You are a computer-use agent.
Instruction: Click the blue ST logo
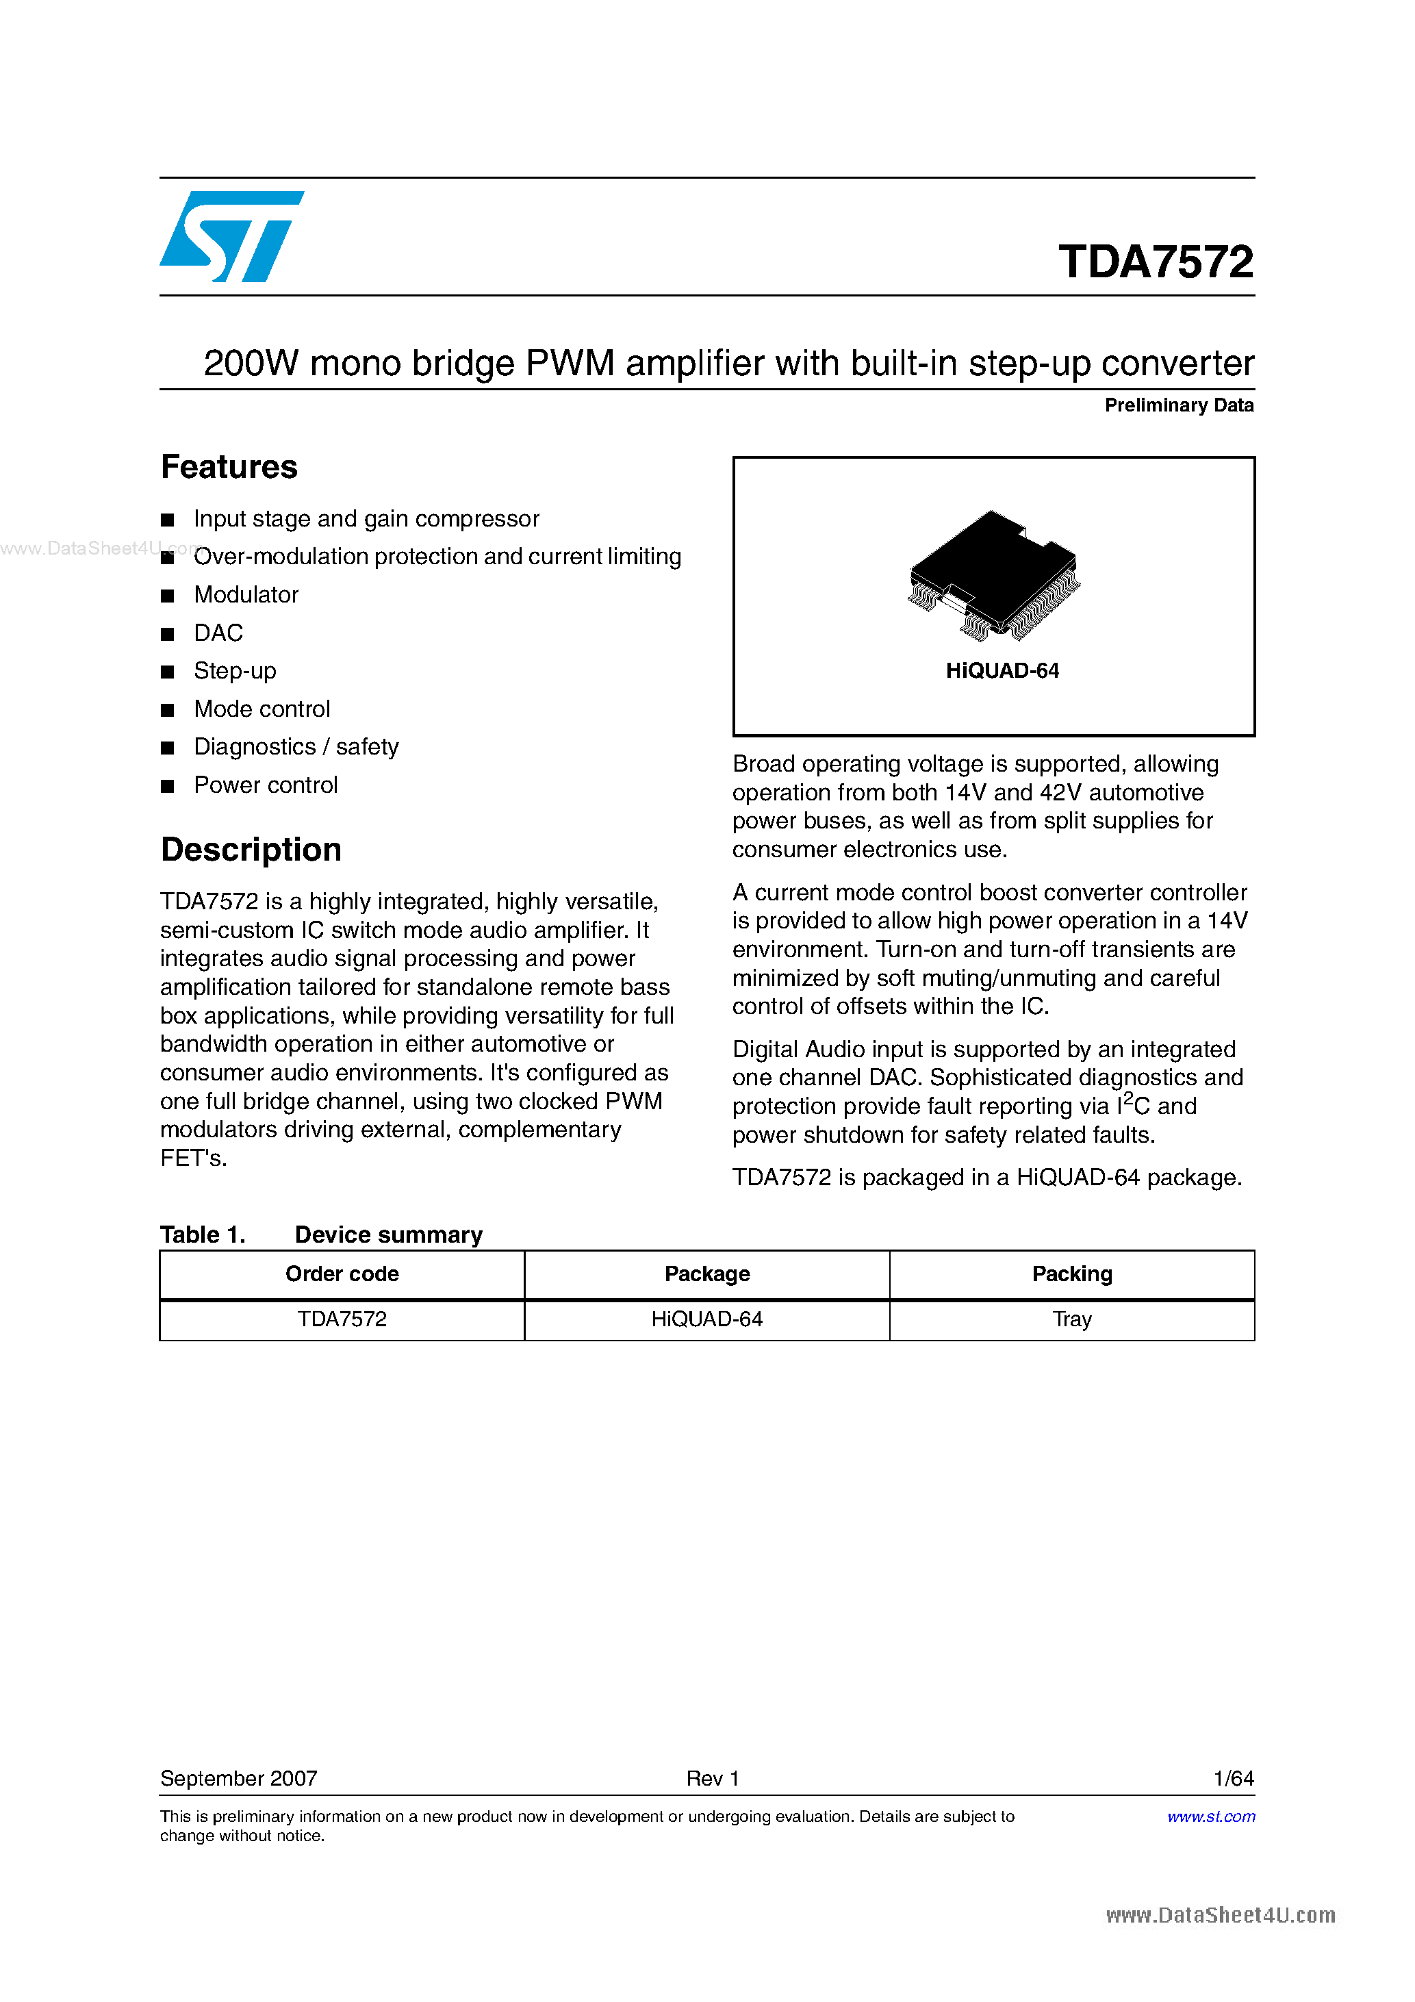231,236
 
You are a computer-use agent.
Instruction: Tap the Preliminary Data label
1178,405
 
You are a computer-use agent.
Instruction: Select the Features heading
229,468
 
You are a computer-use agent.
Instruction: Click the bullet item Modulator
246,595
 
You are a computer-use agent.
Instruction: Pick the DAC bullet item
218,633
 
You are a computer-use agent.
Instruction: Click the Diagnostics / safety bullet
296,746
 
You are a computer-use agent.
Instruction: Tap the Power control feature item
265,785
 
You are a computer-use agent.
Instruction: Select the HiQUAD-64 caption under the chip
1002,670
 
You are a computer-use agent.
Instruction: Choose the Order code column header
342,1274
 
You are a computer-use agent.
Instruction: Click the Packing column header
1071,1274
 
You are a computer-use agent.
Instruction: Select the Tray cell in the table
1071,1319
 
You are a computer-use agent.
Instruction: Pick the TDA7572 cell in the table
342,1319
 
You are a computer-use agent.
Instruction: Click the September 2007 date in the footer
239,1778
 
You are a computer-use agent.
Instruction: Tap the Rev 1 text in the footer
713,1778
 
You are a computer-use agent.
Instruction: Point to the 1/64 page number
1233,1778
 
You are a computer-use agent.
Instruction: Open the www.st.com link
1210,1816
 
